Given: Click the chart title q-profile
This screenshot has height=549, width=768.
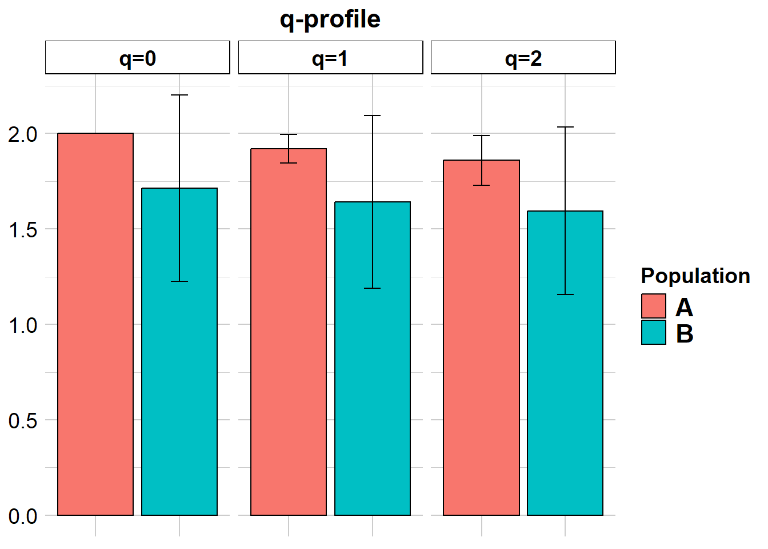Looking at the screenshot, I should click(x=330, y=19).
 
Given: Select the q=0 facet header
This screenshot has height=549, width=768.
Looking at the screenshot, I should click(x=137, y=58).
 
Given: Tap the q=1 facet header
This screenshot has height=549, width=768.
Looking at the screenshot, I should click(x=330, y=58).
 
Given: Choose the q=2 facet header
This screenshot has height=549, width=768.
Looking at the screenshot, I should click(x=523, y=58).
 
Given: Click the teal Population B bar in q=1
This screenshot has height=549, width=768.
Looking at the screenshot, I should click(x=373, y=372).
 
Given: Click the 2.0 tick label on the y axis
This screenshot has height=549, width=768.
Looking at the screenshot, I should click(x=23, y=134).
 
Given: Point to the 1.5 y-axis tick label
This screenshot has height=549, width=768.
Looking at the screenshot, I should click(x=23, y=230).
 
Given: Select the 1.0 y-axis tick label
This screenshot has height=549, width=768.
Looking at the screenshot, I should click(x=23, y=325).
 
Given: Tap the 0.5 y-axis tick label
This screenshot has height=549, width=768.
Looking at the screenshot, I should click(x=23, y=421).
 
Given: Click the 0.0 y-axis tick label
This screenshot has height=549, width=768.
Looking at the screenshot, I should click(x=23, y=516).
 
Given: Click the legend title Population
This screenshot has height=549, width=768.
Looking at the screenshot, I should click(x=695, y=276).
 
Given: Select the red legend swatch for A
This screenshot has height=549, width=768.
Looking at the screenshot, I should click(x=654, y=306).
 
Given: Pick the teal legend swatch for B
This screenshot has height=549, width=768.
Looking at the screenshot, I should click(x=654, y=332).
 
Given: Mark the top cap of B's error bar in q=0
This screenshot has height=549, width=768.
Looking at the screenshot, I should click(x=179, y=95).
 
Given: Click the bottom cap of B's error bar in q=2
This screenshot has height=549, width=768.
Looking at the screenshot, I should click(x=565, y=295).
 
